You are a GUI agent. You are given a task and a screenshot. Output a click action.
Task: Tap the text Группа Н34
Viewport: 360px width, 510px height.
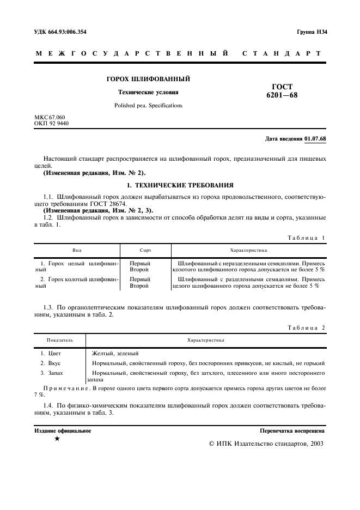pyautogui.click(x=312, y=32)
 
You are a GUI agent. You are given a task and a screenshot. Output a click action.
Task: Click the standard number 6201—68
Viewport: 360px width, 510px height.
pyautogui.click(x=282, y=95)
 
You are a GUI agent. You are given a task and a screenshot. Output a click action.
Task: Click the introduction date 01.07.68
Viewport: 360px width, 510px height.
pyautogui.click(x=316, y=138)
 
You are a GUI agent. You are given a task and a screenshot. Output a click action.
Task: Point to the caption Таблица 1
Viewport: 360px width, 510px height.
pyautogui.click(x=306, y=238)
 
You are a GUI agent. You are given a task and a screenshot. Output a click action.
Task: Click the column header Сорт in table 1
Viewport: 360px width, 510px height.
pyautogui.click(x=145, y=251)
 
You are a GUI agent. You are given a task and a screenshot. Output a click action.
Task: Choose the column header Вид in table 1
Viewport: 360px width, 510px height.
pyautogui.click(x=77, y=251)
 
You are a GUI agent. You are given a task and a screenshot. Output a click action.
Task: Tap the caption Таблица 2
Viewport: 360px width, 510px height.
pyautogui.click(x=306, y=327)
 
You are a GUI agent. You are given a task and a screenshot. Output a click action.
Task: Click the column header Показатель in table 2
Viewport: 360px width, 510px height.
pyautogui.click(x=60, y=340)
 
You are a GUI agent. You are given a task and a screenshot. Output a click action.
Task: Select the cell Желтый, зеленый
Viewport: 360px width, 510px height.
pyautogui.click(x=115, y=353)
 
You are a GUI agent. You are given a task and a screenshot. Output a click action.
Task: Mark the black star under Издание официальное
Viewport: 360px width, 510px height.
pyautogui.click(x=57, y=439)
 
